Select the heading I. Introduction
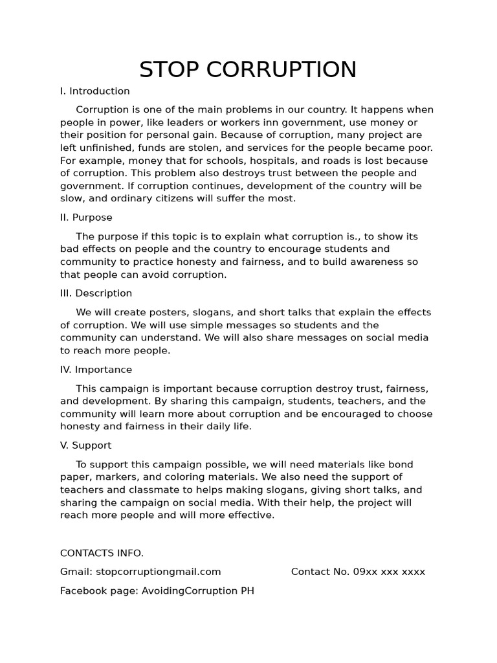(x=95, y=91)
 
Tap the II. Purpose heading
(x=86, y=218)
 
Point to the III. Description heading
(x=96, y=293)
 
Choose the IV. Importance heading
(x=96, y=370)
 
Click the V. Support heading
(x=85, y=445)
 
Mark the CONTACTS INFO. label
(x=102, y=553)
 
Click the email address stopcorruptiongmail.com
(x=158, y=572)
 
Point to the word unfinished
(x=104, y=148)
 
